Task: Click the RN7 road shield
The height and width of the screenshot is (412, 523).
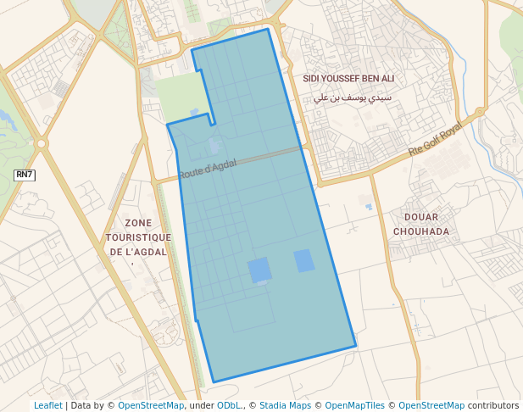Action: [25, 175]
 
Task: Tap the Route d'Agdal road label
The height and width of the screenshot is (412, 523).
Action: [208, 169]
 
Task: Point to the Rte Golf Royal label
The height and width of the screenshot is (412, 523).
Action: [436, 139]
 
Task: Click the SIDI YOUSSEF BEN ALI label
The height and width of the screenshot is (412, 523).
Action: [348, 78]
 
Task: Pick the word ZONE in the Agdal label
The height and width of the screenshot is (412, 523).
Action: [137, 223]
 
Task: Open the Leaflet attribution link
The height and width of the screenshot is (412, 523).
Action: [47, 405]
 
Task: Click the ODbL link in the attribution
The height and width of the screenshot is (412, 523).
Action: [231, 405]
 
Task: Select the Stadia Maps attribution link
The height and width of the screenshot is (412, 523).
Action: [285, 405]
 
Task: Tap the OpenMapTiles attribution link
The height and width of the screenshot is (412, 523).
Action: [353, 405]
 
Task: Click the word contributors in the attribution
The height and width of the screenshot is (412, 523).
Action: [492, 405]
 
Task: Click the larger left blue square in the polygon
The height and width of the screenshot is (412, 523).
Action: [260, 270]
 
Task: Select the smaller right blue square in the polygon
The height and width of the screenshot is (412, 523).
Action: [304, 261]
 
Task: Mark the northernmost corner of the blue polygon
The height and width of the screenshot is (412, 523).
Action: [268, 29]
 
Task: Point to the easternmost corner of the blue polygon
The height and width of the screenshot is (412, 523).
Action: [356, 346]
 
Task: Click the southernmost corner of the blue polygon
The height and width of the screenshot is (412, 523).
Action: [213, 382]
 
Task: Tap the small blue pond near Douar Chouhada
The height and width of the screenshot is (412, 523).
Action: [368, 205]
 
